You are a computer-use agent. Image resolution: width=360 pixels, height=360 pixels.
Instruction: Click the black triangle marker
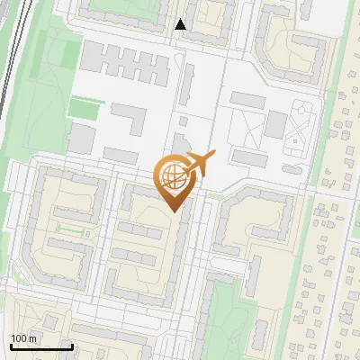click(181, 24)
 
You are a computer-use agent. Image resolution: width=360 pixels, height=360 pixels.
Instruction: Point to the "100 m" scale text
click(24, 338)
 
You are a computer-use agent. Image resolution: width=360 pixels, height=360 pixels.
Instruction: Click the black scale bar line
click(41, 346)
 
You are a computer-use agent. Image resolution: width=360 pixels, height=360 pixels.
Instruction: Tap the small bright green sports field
click(82, 109)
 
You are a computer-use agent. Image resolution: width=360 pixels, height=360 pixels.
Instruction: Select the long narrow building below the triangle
click(189, 85)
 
